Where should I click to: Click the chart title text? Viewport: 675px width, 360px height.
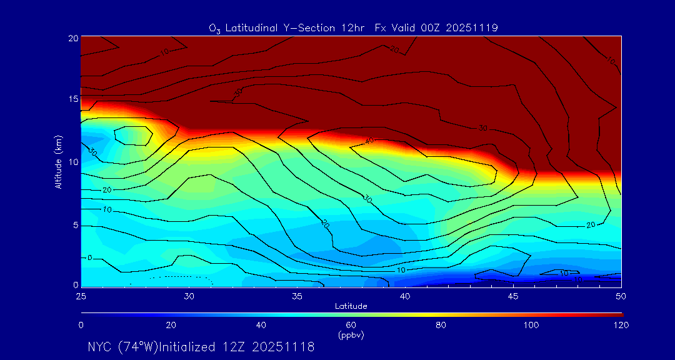click(x=353, y=27)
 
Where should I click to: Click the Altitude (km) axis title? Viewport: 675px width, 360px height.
click(x=58, y=162)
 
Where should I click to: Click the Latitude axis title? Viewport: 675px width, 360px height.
click(x=351, y=306)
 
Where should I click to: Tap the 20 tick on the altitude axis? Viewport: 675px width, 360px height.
click(x=72, y=37)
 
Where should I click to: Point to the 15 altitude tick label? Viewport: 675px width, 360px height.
click(x=72, y=99)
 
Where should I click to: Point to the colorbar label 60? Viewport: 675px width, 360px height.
click(x=351, y=325)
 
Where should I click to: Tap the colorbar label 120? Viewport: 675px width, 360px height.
click(x=621, y=325)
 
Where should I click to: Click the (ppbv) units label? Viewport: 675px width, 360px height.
click(x=351, y=335)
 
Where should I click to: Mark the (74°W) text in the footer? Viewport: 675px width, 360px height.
click(x=137, y=347)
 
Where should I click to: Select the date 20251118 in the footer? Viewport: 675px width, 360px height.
click(x=285, y=347)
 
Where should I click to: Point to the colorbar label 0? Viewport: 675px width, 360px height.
click(x=81, y=325)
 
